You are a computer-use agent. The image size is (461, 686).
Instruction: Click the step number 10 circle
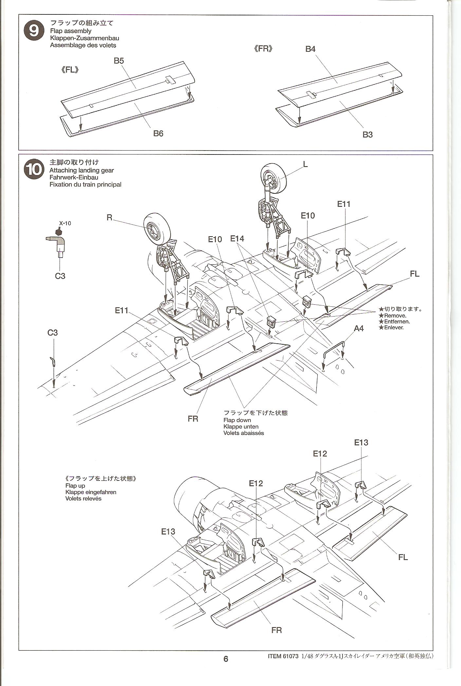[x=34, y=170]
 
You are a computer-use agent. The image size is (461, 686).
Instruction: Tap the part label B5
[x=119, y=61]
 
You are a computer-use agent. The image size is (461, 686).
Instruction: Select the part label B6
[x=158, y=134]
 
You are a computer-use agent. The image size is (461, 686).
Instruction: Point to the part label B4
[x=310, y=49]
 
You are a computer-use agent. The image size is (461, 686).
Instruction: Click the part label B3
[x=367, y=135]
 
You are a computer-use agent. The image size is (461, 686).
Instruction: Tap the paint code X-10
[x=65, y=224]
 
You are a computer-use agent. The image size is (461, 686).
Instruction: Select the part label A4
[x=359, y=328]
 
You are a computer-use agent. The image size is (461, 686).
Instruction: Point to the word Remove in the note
[x=395, y=316]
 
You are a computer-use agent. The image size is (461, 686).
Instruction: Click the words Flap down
[x=237, y=420]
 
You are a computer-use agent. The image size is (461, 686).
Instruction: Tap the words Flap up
[x=75, y=486]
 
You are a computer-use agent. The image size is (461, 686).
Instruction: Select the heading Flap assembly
[x=70, y=31]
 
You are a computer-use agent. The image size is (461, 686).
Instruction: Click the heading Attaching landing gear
[x=82, y=170]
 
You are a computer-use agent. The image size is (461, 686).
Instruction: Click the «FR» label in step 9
[x=263, y=49]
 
